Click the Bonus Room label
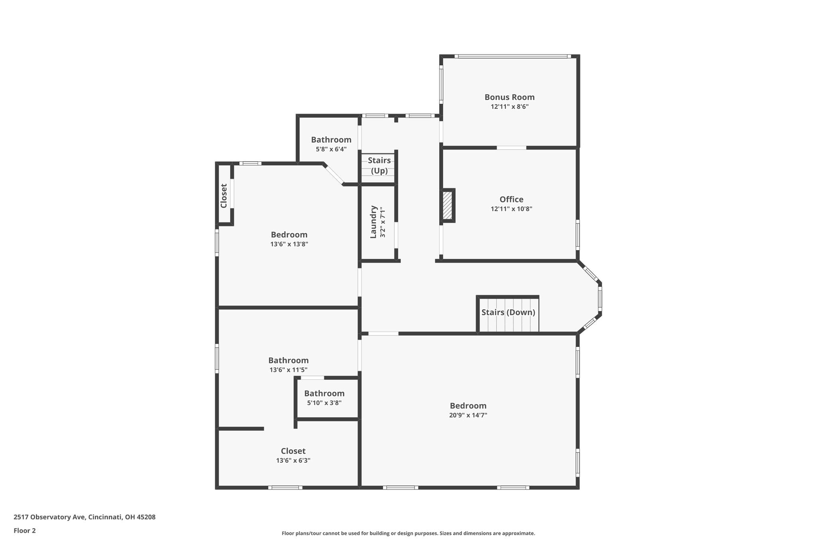[x=509, y=97]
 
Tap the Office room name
[x=511, y=199]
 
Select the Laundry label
[x=373, y=222]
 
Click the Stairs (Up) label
[x=379, y=165]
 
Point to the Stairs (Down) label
[x=508, y=312]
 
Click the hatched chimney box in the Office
[x=448, y=205]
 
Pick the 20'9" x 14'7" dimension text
[x=468, y=415]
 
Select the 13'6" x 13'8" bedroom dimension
[x=289, y=244]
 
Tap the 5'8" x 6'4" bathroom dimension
[x=331, y=149]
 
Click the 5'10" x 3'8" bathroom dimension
[x=324, y=403]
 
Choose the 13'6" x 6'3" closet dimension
[x=293, y=461]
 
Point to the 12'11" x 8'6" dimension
[x=509, y=107]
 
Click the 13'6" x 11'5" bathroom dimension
[x=288, y=370]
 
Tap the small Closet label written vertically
[x=224, y=196]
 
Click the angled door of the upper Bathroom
[x=334, y=175]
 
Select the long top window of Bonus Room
[x=513, y=56]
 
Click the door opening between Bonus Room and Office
[x=511, y=148]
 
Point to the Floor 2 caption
[x=25, y=530]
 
